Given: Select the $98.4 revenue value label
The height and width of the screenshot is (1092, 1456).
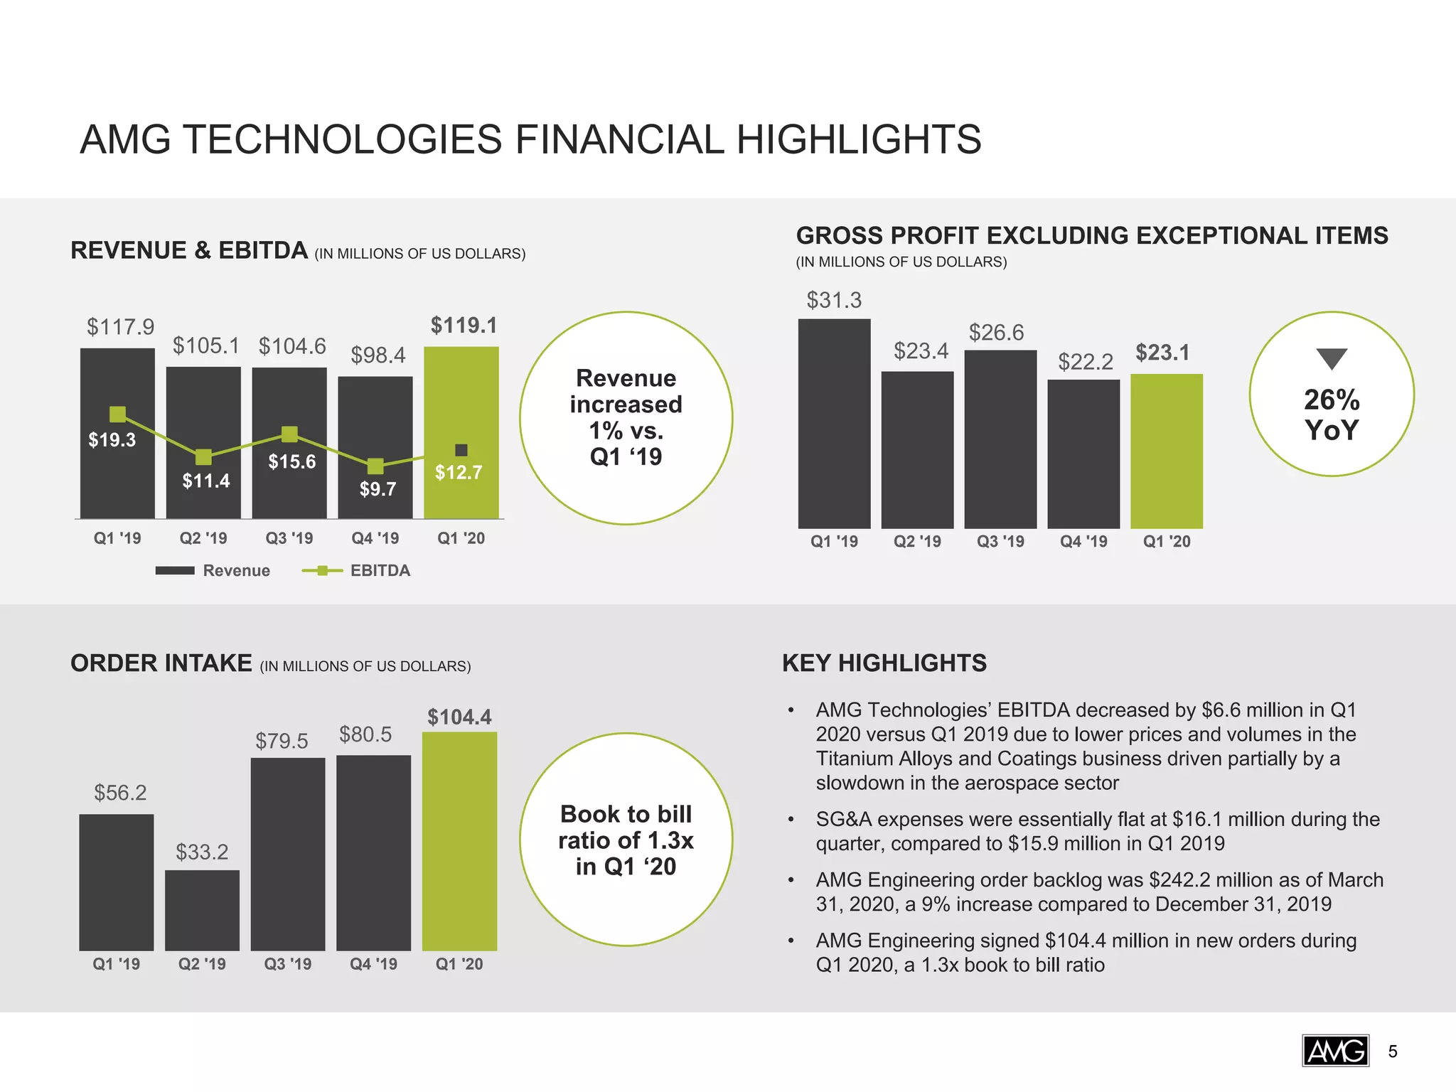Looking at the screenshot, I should coord(378,355).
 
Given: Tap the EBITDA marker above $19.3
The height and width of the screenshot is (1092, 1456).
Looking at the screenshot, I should coord(118,414).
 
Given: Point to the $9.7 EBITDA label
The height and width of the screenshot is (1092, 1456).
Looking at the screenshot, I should coord(378,489).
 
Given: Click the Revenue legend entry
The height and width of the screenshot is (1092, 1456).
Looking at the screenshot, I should coord(213,570).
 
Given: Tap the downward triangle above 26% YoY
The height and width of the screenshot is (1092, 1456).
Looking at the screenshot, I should coord(1332,358).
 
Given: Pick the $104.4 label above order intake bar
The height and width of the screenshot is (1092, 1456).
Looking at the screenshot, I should coord(459,717).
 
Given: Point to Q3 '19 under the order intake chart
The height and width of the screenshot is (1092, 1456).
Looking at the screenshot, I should coord(288,964).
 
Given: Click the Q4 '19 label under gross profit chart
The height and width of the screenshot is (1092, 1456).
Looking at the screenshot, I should coord(1083,542).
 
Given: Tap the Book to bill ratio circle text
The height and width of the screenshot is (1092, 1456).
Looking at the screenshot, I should coord(626,840).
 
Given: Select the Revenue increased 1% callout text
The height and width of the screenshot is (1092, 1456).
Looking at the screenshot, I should coord(626,417).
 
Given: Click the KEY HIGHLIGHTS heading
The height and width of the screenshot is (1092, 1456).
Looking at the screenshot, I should coord(884,663).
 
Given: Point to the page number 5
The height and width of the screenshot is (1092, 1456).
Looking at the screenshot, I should coord(1393,1051).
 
